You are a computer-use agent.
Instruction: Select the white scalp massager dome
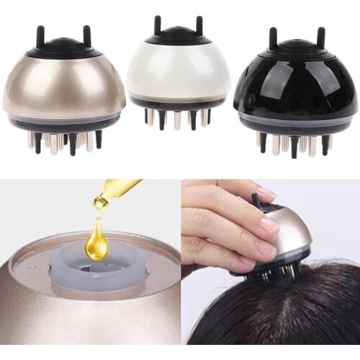point(178,76)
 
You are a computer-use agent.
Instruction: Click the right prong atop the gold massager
point(87,35)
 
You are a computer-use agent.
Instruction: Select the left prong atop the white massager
point(157,24)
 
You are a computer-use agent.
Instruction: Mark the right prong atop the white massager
point(199,24)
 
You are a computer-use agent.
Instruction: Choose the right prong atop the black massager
point(320,37)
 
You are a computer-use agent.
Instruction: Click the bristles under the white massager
point(177,117)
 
